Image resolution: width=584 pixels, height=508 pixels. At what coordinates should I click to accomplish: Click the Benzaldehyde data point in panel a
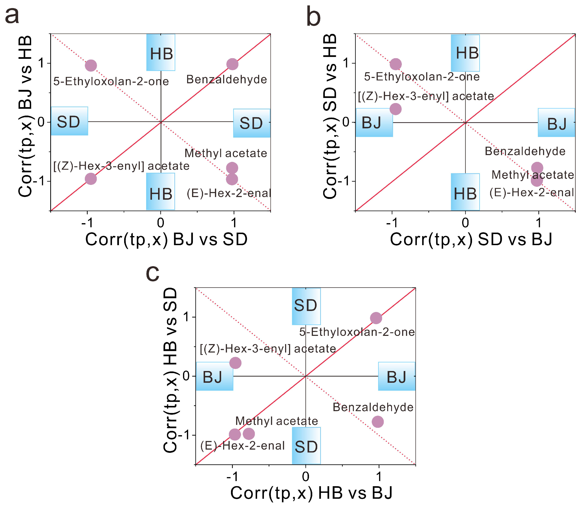click(232, 64)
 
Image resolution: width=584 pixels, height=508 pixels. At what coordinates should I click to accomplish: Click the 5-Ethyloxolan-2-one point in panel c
click(376, 318)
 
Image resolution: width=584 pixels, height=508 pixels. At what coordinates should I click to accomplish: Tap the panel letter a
click(12, 16)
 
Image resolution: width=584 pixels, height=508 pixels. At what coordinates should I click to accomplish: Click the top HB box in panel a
click(161, 52)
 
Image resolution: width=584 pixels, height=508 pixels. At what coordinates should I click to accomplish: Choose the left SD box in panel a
click(69, 121)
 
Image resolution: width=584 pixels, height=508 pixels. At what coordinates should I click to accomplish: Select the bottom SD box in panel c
click(306, 446)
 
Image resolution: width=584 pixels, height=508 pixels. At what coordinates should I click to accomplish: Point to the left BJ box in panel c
click(214, 376)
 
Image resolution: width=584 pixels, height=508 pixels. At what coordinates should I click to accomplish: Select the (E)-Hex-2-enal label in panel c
click(242, 446)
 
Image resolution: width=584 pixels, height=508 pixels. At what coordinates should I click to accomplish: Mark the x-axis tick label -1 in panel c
click(232, 477)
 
